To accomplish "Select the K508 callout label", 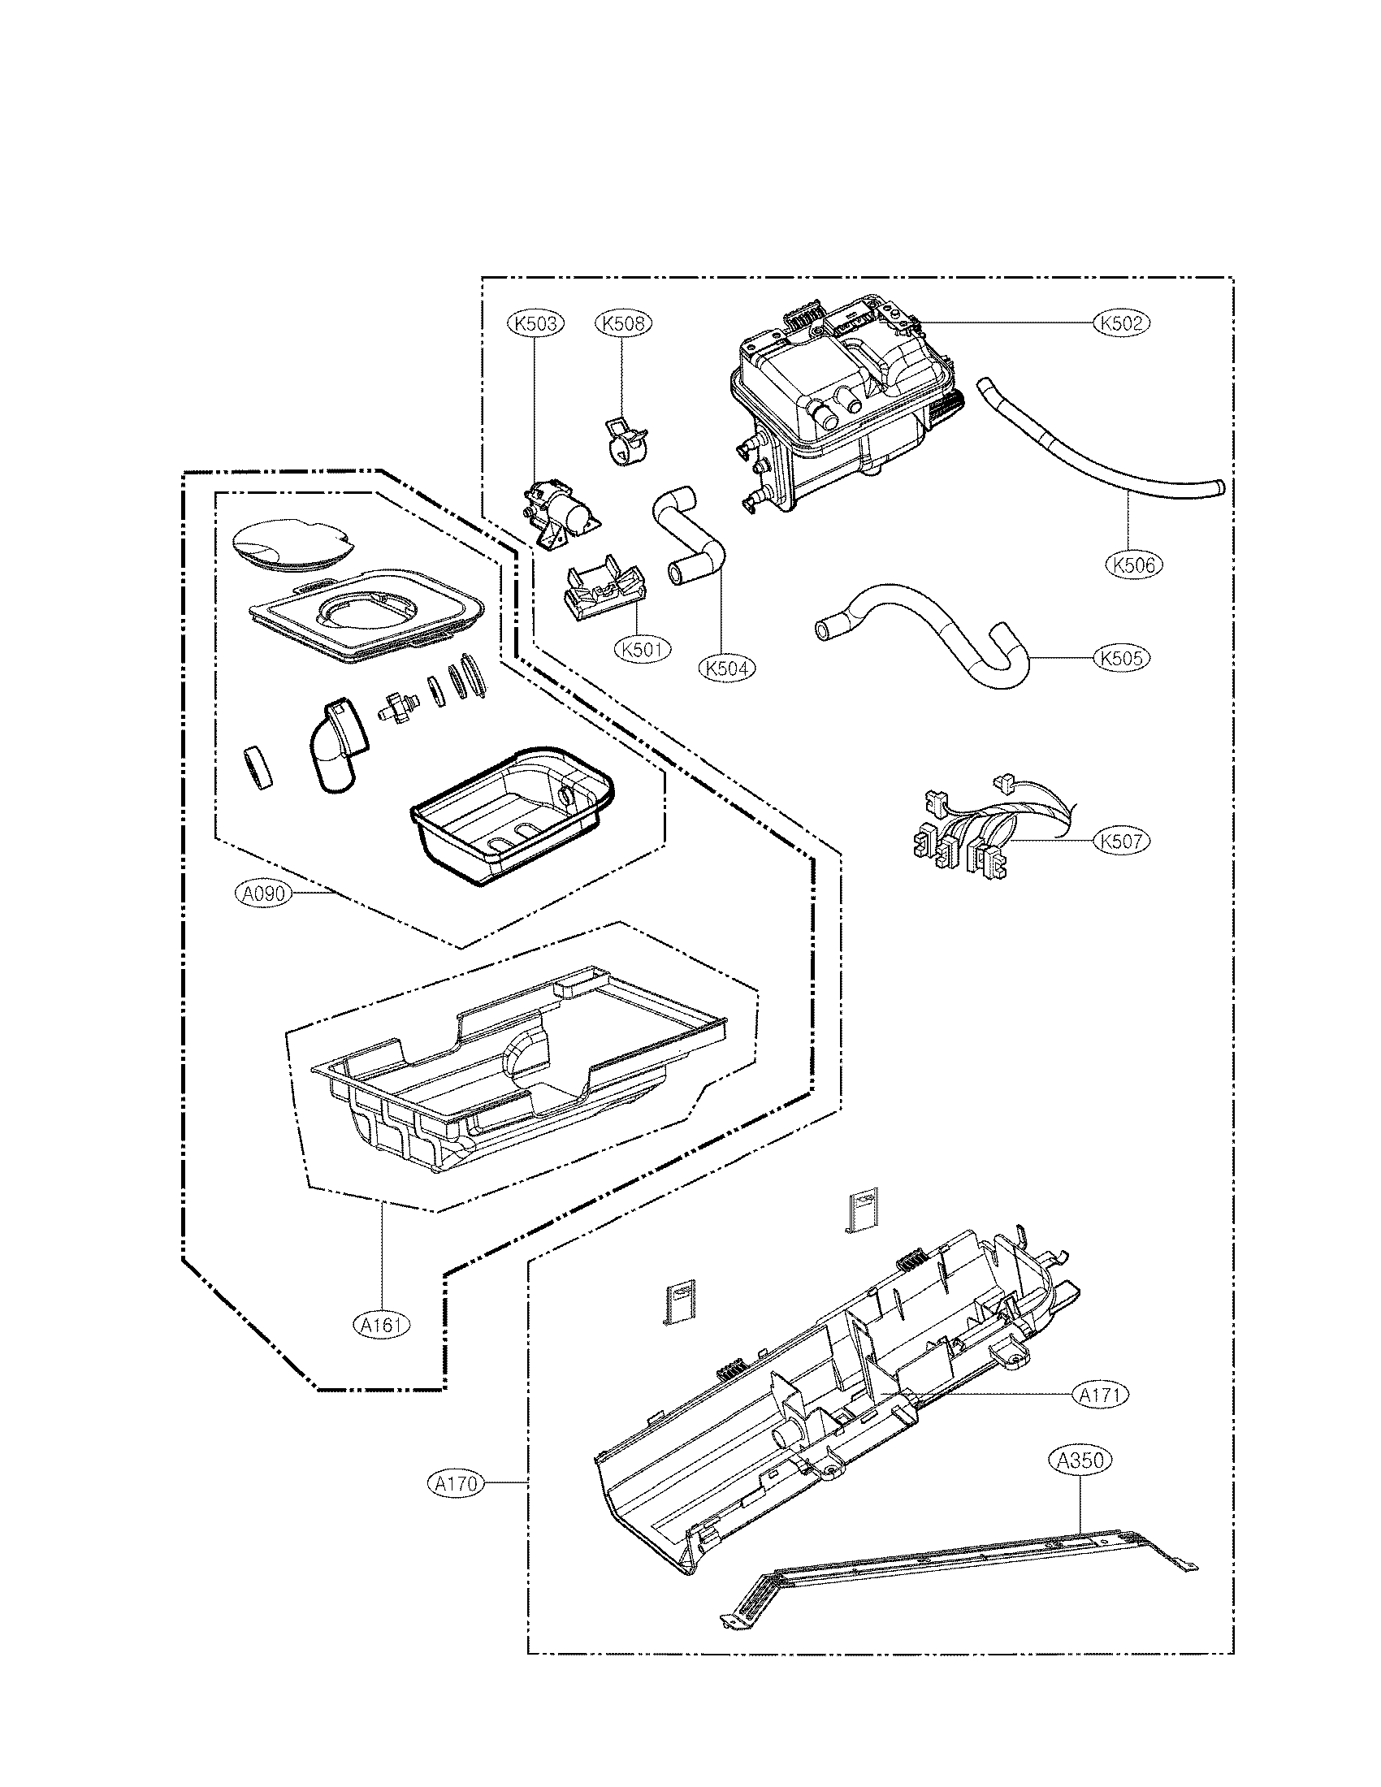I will tap(622, 323).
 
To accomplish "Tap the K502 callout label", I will tap(1122, 323).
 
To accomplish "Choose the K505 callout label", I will tap(1122, 658).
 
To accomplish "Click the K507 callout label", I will tap(1122, 841).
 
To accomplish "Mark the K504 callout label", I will tap(726, 668).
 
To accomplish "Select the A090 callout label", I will tap(263, 893).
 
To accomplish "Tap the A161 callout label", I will tap(382, 1323).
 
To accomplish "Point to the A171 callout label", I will tap(1100, 1393).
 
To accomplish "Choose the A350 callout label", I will tap(1080, 1460).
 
